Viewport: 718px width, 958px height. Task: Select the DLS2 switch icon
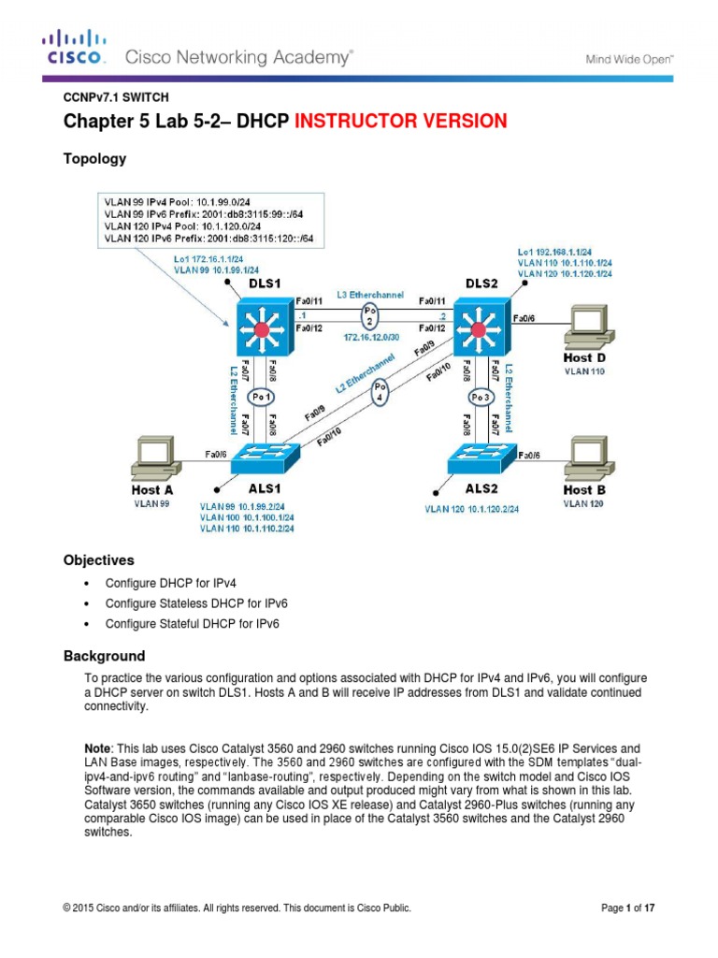[481, 328]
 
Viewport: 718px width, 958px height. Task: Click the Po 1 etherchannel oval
[264, 397]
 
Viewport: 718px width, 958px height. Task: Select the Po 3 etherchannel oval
[480, 397]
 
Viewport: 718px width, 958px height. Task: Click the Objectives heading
[98, 560]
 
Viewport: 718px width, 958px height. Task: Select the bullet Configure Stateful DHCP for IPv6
[193, 623]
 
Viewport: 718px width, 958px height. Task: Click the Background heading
[104, 656]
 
